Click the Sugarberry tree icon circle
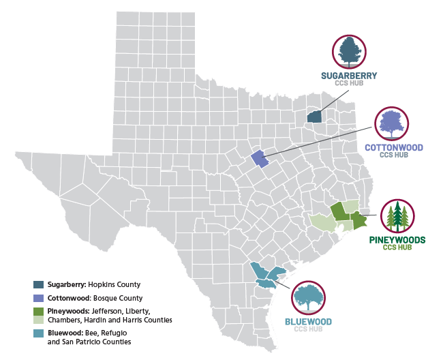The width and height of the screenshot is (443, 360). pos(348,52)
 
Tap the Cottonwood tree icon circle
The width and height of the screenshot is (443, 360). pos(393,123)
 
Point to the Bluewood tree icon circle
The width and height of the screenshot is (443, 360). pos(309,297)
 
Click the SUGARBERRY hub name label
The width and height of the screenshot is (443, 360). pos(349,75)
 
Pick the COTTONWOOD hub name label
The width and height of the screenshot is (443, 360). pos(394,147)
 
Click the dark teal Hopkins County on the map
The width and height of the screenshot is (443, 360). pos(314,117)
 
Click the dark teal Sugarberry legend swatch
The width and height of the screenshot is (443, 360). pos(39,284)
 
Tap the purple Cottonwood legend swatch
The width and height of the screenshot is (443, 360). pos(39,298)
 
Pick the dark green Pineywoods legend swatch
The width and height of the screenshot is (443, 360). pos(39,312)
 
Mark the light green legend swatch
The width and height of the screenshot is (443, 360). pos(39,319)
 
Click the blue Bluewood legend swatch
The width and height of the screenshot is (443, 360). pos(39,333)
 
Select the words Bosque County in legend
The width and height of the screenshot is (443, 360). pos(118,298)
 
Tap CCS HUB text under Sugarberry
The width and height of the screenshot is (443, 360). pos(349,83)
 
